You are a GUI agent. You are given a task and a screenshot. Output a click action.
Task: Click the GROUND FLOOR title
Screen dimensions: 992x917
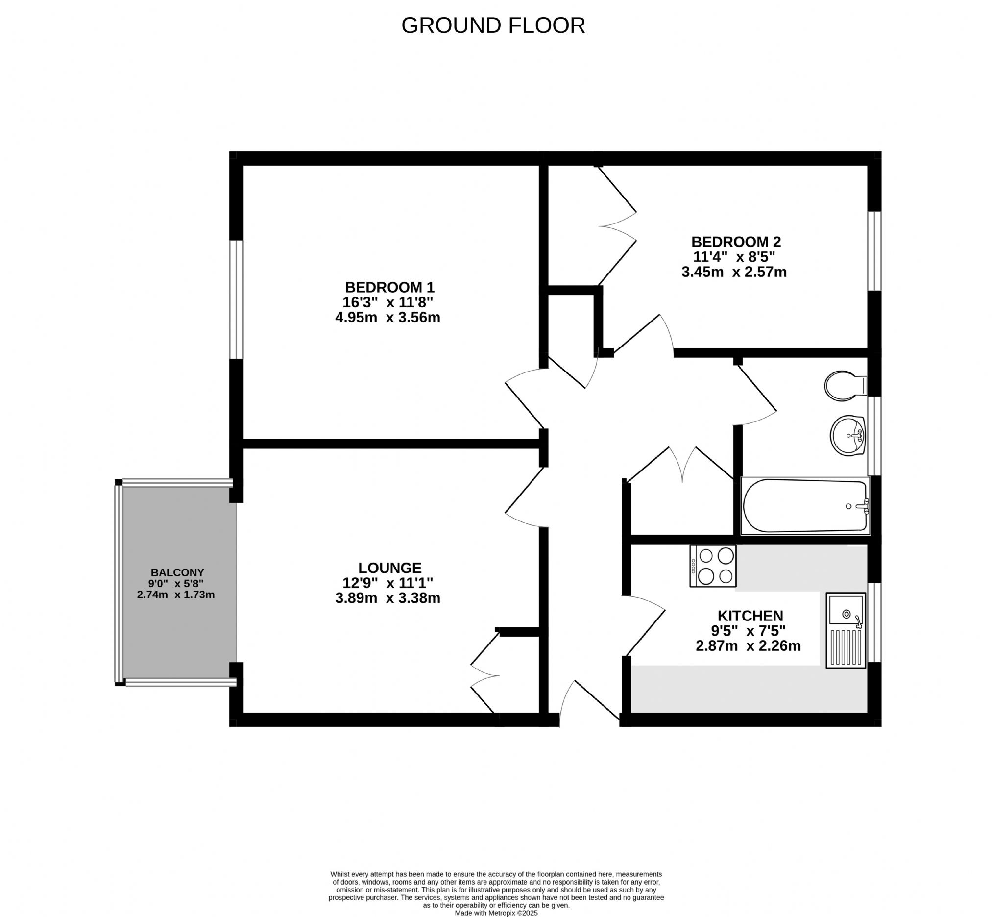click(x=493, y=26)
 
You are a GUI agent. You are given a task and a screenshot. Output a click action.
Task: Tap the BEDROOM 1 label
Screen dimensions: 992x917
click(x=390, y=287)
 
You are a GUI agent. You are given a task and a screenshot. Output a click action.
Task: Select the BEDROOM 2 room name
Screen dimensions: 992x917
click(x=736, y=242)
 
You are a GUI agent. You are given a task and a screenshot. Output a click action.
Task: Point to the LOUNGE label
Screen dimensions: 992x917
click(x=390, y=568)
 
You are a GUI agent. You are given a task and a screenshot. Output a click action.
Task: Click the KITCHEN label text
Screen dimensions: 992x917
click(x=750, y=616)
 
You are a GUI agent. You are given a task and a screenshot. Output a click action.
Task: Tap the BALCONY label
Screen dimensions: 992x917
click(x=177, y=572)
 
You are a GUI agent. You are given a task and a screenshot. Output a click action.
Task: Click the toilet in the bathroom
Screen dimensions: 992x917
click(x=846, y=386)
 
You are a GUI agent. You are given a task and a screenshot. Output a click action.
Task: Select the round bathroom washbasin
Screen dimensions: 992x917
click(x=847, y=436)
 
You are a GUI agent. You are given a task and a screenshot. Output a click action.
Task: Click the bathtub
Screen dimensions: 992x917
click(x=805, y=506)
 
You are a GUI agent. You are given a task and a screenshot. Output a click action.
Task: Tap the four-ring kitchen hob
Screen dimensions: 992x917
click(x=713, y=566)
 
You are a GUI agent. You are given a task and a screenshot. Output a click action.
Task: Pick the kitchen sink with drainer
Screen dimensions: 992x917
click(x=846, y=630)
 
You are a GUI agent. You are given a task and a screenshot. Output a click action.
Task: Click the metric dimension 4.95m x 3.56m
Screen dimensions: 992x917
click(x=388, y=317)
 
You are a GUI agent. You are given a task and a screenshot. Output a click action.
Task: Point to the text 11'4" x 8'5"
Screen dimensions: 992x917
click(x=734, y=257)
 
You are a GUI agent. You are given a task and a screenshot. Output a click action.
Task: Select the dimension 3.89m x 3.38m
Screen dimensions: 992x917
click(x=388, y=598)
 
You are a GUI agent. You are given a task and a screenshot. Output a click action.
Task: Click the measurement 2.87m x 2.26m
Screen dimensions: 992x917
click(x=749, y=645)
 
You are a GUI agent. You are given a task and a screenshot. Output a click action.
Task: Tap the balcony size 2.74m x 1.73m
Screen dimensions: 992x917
click(x=176, y=595)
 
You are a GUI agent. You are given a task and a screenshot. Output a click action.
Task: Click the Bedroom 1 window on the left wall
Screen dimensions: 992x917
click(x=236, y=299)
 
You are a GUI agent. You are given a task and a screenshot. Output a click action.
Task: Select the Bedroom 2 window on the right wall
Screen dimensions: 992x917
click(x=874, y=251)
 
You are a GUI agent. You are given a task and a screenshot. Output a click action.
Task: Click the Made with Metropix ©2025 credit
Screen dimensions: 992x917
click(x=496, y=913)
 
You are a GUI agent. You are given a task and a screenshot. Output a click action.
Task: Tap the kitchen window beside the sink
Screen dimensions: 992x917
click(x=874, y=622)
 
